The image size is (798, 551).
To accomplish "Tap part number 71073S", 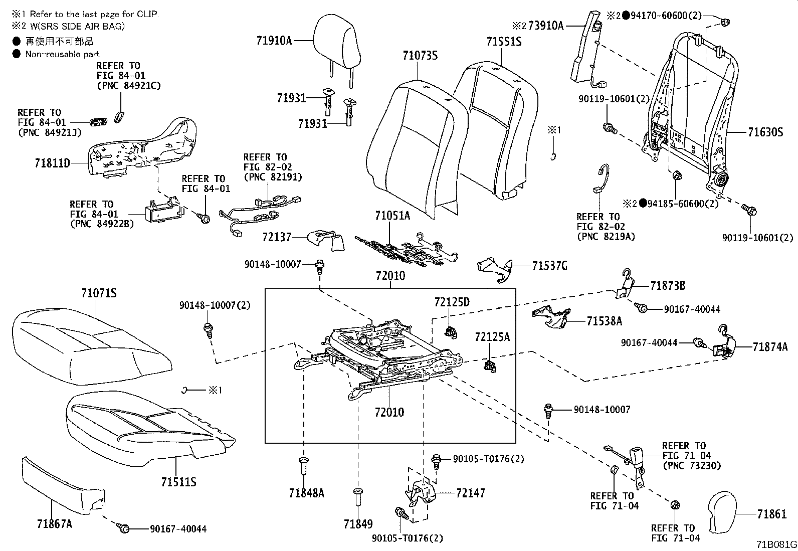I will [420, 55].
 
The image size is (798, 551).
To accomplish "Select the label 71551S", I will [504, 42].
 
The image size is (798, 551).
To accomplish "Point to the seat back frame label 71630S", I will [765, 132].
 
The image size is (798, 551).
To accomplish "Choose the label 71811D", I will [53, 163].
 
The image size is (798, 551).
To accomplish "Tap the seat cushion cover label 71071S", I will [99, 293].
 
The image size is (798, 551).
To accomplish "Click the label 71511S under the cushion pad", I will [178, 482].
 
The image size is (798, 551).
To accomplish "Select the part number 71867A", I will [54, 524].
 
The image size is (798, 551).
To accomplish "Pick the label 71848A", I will [306, 493].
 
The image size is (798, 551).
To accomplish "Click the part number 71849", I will [358, 524].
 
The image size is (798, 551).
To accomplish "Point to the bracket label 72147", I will [471, 493].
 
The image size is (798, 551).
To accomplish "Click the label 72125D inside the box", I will [452, 302].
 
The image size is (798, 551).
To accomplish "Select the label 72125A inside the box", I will [492, 337].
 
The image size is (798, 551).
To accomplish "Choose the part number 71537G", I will [549, 266].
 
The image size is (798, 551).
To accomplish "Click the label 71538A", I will [604, 321].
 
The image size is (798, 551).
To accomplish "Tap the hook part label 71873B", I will [668, 286].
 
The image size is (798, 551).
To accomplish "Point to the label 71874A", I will [769, 346].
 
